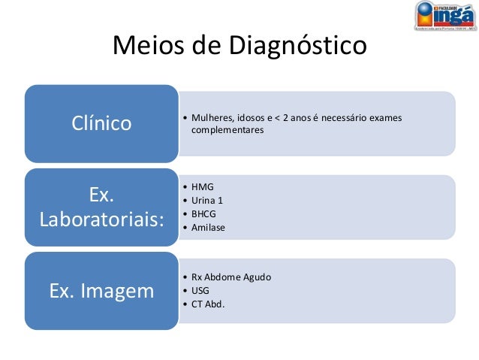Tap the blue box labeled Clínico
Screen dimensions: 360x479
point(101,123)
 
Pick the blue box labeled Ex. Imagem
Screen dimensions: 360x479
point(101,290)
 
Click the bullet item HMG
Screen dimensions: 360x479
point(203,187)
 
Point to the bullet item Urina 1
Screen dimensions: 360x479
point(207,200)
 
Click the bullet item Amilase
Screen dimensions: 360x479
point(208,227)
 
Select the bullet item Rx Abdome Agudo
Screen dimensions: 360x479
point(231,277)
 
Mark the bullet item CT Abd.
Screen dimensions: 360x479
point(207,304)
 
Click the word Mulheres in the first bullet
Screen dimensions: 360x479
point(212,117)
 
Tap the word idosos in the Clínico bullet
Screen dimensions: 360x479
point(251,117)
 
